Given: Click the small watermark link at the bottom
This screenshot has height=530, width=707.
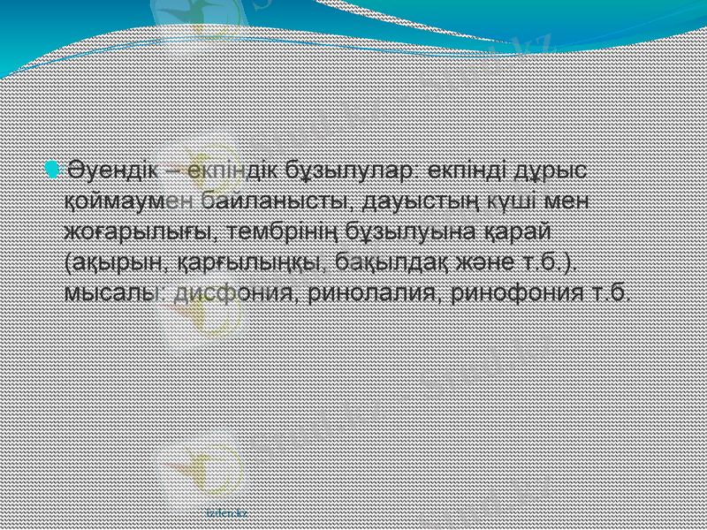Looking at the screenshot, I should (x=226, y=511).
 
